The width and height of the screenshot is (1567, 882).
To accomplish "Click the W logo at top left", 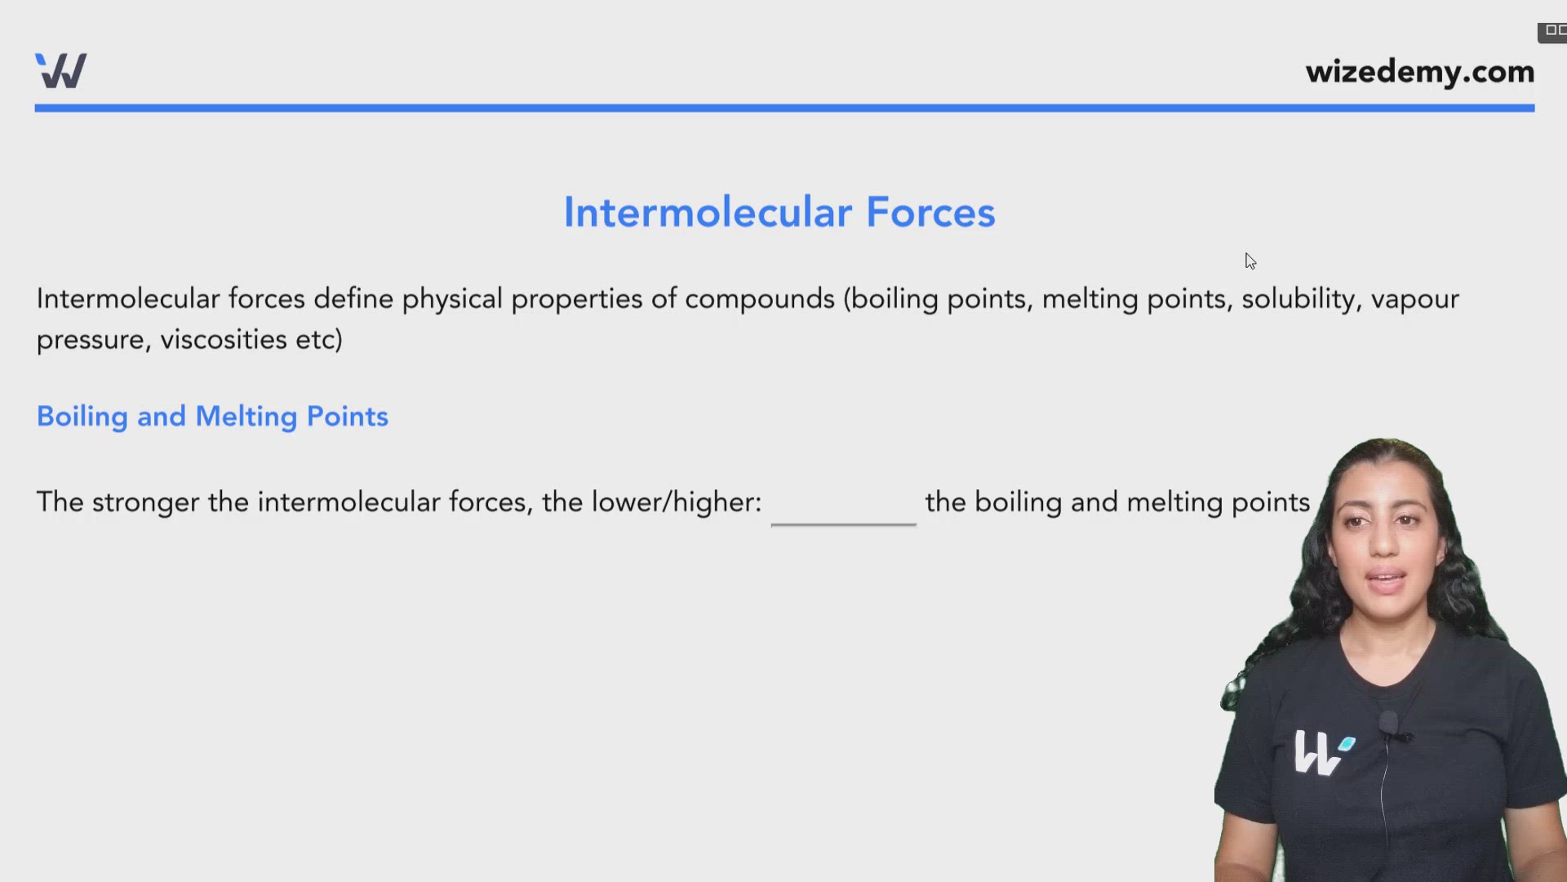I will pos(61,71).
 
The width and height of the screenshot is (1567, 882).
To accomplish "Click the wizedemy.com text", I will pos(1419,72).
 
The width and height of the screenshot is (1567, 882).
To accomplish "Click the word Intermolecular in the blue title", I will pos(708,212).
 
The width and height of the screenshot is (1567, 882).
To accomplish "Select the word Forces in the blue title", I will pos(930,212).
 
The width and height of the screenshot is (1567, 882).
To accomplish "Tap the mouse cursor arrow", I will pos(1250,261).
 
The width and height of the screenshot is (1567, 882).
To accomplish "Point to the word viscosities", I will pos(223,340).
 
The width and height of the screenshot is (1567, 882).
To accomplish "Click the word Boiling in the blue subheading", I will pos(82,416).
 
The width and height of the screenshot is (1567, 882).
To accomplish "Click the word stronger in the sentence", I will pos(145,502).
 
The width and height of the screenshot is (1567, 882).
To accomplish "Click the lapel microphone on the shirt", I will pos(1389,724).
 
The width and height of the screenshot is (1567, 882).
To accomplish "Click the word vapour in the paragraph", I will pos(1414,299).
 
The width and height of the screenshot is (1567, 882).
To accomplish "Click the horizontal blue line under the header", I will pos(783,108).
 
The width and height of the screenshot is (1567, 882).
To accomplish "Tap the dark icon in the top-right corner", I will pos(1552,31).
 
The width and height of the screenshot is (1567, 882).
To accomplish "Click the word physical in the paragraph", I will pos(451,299).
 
